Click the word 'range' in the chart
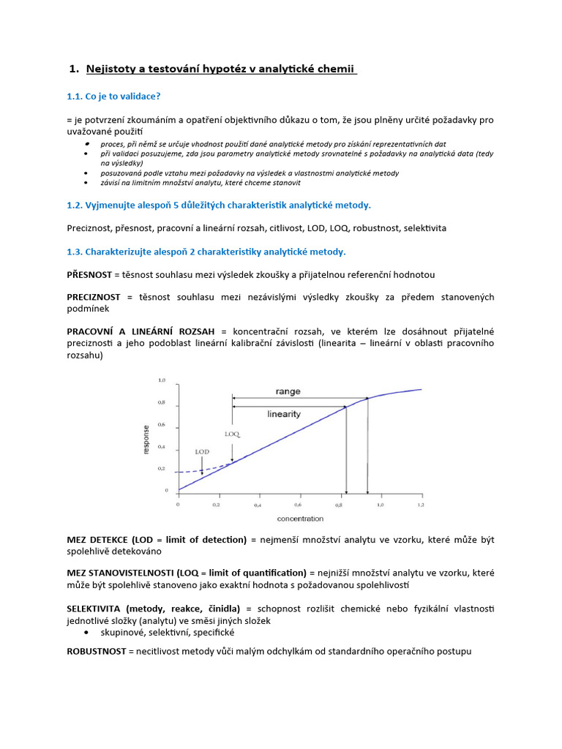[x=288, y=392]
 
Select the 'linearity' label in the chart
[x=283, y=413]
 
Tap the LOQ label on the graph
[x=232, y=434]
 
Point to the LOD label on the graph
[x=202, y=452]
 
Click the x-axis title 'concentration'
[x=300, y=519]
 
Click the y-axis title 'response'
[x=146, y=440]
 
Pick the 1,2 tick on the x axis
[x=420, y=505]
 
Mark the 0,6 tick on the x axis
[x=298, y=505]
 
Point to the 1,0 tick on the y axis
[x=162, y=381]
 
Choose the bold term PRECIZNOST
[x=93, y=297]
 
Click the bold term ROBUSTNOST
[x=96, y=650]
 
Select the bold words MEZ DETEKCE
[x=97, y=540]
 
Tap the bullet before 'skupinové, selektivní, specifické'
[x=88, y=632]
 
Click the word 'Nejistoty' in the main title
[x=112, y=69]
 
